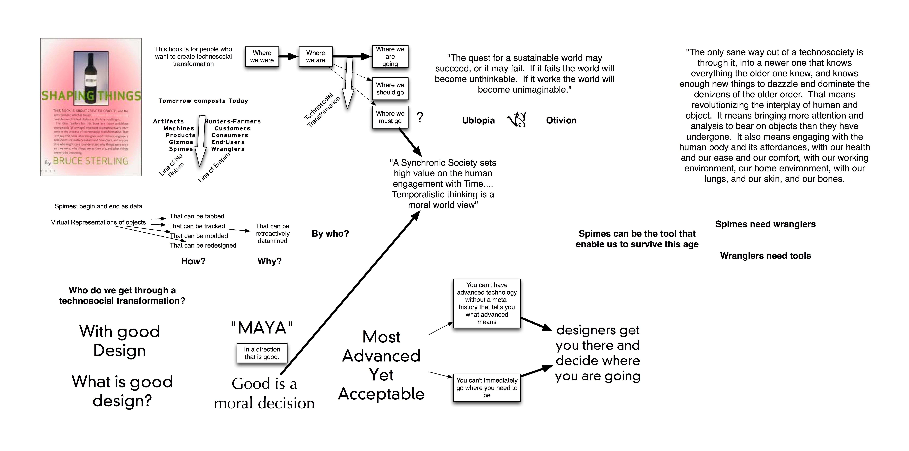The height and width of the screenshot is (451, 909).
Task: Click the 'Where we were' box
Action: click(262, 56)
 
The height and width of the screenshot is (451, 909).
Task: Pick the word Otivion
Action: click(561, 121)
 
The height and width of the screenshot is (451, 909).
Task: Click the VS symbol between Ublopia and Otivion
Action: click(517, 120)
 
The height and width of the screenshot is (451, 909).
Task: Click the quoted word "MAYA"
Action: click(262, 328)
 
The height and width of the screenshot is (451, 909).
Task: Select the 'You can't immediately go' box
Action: click(487, 388)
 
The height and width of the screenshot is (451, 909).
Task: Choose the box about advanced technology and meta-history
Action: click(487, 303)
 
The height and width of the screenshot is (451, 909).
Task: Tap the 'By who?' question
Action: click(330, 234)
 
